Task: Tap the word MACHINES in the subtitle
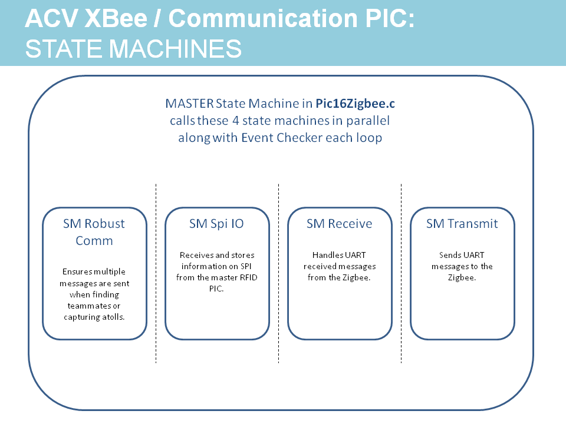tap(175, 48)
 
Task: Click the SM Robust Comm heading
tap(94, 232)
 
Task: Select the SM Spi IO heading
tap(216, 224)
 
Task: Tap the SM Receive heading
tap(339, 224)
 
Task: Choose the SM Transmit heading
tap(462, 224)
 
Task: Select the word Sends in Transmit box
tap(450, 255)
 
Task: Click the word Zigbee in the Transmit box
tap(462, 277)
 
